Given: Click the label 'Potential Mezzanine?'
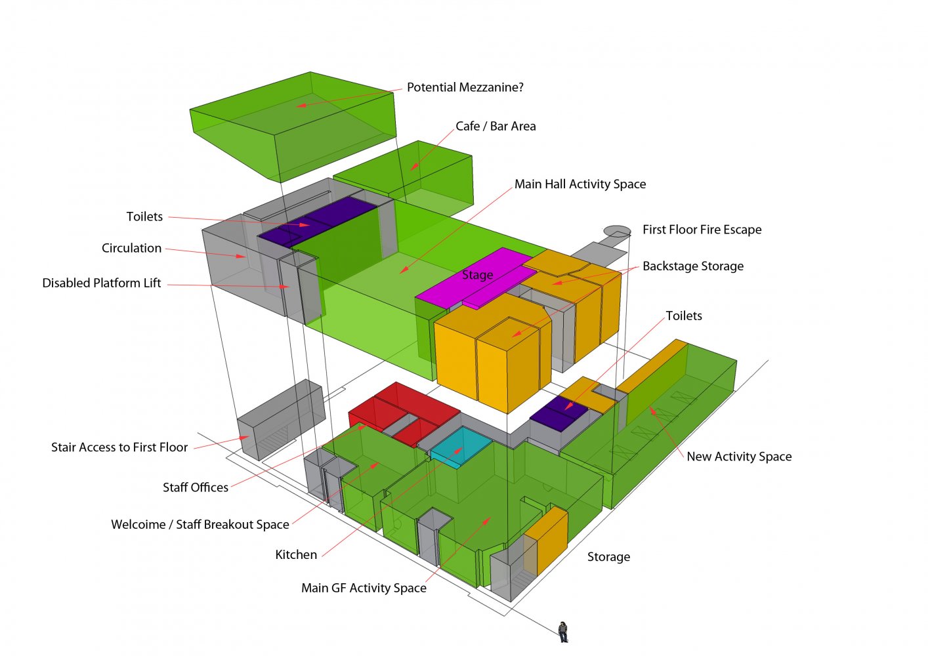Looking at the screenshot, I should tap(465, 87).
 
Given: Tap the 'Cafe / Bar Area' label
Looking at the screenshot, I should tap(496, 126).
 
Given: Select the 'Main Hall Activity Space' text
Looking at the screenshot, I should tap(580, 184).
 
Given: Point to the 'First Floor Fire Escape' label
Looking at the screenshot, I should tap(702, 230).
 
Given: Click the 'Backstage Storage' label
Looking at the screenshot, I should tap(692, 266).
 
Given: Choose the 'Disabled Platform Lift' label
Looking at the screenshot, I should tap(102, 283).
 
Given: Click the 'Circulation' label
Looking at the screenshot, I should tap(131, 248).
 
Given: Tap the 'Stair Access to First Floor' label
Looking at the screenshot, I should tap(119, 447).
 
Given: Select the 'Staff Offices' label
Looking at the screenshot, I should tap(196, 487).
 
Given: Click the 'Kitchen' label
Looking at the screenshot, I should tap(296, 555).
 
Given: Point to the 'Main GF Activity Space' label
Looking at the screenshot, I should tap(364, 588).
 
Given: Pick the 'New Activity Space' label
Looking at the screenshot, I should tap(739, 457).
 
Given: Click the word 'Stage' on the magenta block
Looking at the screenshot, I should tap(477, 275).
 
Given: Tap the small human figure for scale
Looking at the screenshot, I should tap(563, 631).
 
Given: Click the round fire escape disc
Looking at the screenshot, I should tap(617, 231).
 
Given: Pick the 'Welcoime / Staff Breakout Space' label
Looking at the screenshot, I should tap(200, 525).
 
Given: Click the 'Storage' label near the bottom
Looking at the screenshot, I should tap(608, 557).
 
